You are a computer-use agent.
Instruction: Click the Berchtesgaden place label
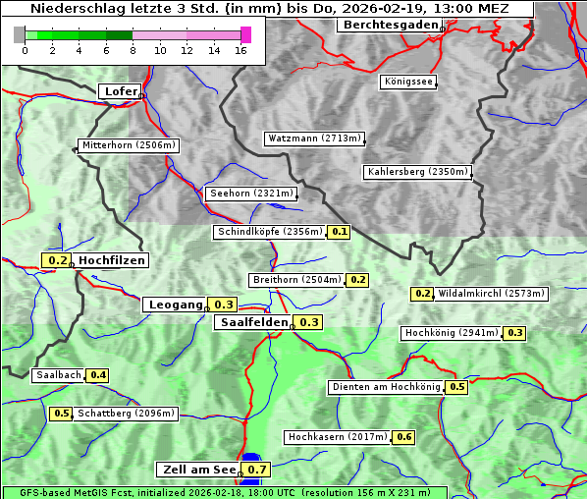388,25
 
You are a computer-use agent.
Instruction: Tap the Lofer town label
120,91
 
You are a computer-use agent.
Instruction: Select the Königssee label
407,83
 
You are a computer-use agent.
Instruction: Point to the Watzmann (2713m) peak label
314,139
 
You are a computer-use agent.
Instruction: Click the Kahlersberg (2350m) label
417,172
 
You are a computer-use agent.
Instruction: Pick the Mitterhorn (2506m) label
129,145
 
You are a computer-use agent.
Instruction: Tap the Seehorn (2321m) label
251,194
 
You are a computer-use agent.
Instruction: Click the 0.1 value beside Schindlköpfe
340,232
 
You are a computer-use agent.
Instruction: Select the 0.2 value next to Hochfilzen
58,260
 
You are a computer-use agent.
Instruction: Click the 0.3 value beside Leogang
224,305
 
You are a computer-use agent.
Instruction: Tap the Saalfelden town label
253,322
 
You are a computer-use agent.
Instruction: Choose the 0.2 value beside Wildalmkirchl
422,294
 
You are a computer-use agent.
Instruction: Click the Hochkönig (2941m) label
452,333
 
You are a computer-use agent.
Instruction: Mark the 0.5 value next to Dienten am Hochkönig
456,387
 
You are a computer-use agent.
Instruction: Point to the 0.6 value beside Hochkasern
403,436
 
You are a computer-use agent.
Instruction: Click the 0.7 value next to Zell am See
257,470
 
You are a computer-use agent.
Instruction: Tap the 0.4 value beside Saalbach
98,375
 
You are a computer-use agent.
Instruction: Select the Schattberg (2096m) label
126,414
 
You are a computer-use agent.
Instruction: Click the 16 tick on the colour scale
240,50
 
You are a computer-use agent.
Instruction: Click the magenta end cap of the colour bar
245,34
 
